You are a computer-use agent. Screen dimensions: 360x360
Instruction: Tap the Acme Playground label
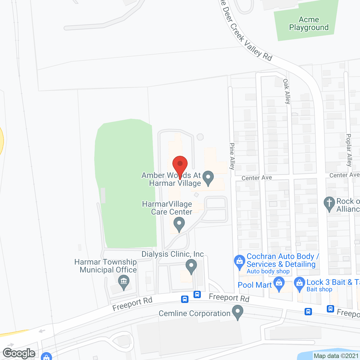coord(309,24)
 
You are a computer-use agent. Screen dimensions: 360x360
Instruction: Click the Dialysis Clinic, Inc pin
coord(191,266)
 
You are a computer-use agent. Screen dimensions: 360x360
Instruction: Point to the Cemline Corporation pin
coord(238,312)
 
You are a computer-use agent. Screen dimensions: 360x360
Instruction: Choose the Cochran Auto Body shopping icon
coord(240,262)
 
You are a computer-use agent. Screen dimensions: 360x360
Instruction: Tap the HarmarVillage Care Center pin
coord(179,225)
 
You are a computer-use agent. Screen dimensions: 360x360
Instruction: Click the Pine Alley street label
coord(232,156)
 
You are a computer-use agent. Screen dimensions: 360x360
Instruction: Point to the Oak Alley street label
coord(287,91)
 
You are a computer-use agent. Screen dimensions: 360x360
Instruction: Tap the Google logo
coord(19,353)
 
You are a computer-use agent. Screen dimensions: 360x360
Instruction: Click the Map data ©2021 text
coord(336,356)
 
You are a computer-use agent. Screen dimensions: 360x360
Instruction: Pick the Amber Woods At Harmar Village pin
coord(208,178)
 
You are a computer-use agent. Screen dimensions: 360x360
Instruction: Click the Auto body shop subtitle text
coord(268,271)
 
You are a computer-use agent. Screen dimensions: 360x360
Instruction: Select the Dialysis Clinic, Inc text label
coord(173,254)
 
